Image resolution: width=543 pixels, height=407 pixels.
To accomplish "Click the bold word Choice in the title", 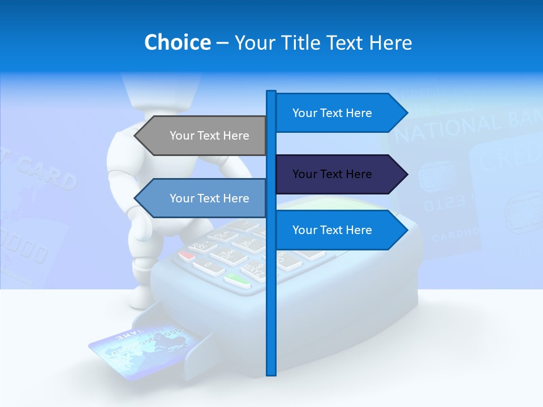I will tap(177, 42).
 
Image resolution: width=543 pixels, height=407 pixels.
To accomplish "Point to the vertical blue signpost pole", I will tap(271, 317).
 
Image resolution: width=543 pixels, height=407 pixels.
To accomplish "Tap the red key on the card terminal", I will tap(187, 255).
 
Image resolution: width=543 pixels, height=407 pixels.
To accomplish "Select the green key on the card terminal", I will tap(237, 279).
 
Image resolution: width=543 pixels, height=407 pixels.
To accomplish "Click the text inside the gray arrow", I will tap(209, 136).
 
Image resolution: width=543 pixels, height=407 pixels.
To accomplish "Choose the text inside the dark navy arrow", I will tap(332, 174).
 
